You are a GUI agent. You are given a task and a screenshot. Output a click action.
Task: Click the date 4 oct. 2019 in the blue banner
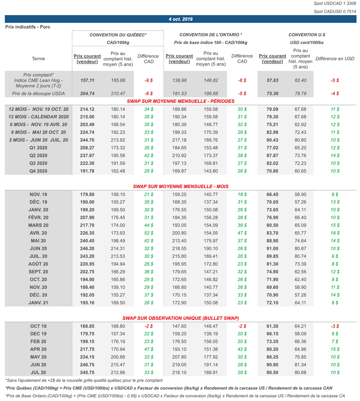[180, 19]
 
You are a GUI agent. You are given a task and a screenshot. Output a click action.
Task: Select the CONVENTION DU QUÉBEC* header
[118, 35]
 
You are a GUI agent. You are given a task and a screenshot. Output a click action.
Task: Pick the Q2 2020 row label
[38, 156]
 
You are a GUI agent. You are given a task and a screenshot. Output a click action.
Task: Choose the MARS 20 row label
[38, 225]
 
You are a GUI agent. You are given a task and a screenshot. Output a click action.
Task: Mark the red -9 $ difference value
[148, 80]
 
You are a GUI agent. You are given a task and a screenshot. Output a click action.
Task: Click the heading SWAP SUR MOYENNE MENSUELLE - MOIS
[181, 186]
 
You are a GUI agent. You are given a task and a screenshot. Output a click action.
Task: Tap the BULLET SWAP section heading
[181, 318]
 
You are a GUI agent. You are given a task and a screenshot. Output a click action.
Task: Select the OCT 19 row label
[38, 326]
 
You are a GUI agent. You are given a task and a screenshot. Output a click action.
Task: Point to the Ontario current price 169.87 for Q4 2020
[177, 171]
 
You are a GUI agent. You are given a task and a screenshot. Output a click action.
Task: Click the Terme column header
[38, 59]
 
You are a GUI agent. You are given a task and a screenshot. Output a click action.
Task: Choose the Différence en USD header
[335, 59]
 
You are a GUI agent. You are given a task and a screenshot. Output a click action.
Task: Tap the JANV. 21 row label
[38, 302]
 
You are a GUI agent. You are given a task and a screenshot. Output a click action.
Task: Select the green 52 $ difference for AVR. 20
[148, 233]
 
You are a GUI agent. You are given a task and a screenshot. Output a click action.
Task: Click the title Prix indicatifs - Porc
[28, 27]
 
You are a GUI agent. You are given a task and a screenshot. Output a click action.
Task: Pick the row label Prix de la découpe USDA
[38, 93]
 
